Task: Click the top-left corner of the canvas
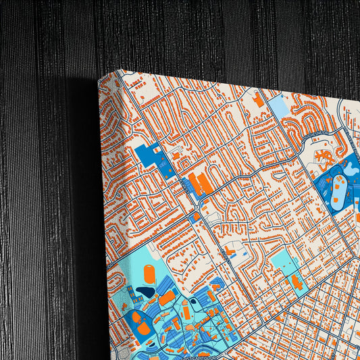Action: pos(99,80)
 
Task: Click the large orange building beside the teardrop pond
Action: pos(166,297)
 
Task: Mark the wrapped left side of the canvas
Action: pos(104,223)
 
